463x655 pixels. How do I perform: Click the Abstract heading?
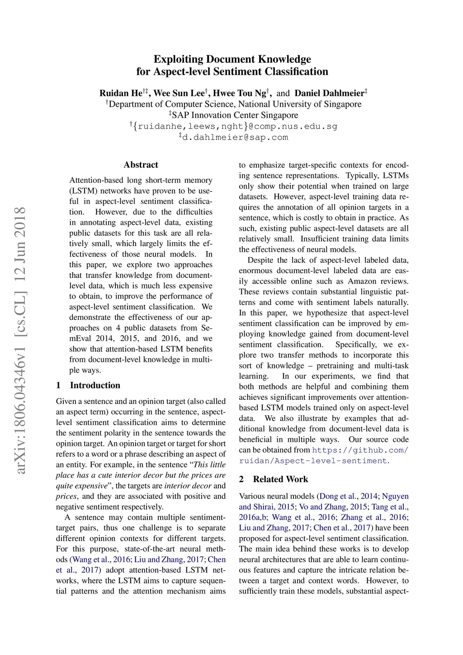(141, 165)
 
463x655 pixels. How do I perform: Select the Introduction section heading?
(95, 385)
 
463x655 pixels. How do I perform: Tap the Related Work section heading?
(280, 479)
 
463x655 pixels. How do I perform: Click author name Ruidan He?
(121, 93)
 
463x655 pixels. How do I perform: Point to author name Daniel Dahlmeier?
(329, 93)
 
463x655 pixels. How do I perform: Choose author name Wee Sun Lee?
(179, 93)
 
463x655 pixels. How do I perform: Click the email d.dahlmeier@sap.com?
(235, 137)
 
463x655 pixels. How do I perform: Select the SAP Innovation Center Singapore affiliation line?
(235, 115)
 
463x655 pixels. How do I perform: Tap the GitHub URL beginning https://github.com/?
(360, 450)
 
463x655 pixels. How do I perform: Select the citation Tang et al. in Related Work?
(389, 507)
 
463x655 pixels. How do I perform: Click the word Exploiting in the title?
(178, 59)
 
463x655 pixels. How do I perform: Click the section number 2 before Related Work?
(241, 479)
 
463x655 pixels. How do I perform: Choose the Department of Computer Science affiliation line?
(235, 104)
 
